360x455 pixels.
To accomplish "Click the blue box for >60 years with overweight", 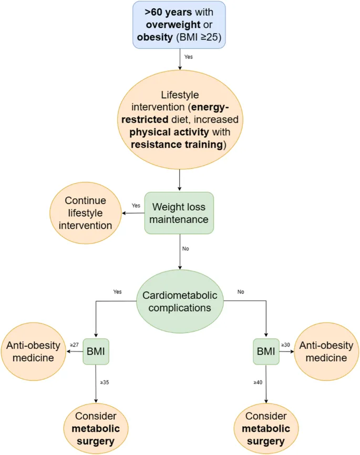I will (180, 25).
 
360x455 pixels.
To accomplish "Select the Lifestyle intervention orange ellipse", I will (180, 120).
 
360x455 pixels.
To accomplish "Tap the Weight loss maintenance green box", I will (180, 213).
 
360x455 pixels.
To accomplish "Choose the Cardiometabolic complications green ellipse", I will (180, 301).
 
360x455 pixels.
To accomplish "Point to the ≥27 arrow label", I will (75, 345).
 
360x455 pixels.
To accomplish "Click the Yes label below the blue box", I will (188, 56).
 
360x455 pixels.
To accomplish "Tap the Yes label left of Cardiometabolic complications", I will (117, 290).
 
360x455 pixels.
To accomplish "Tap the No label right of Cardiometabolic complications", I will (241, 290).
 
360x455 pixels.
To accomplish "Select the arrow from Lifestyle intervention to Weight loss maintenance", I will (180, 180).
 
